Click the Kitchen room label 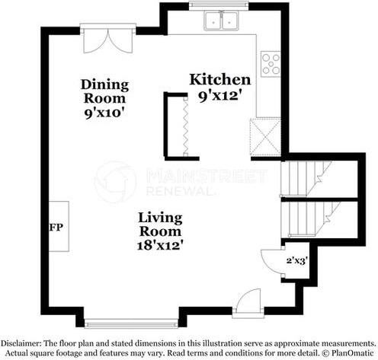[220, 79]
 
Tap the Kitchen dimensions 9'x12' [219, 97]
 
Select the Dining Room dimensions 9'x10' [105, 113]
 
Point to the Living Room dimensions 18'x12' [160, 246]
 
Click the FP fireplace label [56, 228]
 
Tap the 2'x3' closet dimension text [297, 260]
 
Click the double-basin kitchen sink [221, 21]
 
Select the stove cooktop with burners [271, 64]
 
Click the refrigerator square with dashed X [265, 136]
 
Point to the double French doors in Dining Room [108, 40]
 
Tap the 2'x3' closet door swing [272, 262]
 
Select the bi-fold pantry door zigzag [186, 126]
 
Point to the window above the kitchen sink [219, 5]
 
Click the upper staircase [306, 179]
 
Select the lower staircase [311, 219]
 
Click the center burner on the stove [271, 64]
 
